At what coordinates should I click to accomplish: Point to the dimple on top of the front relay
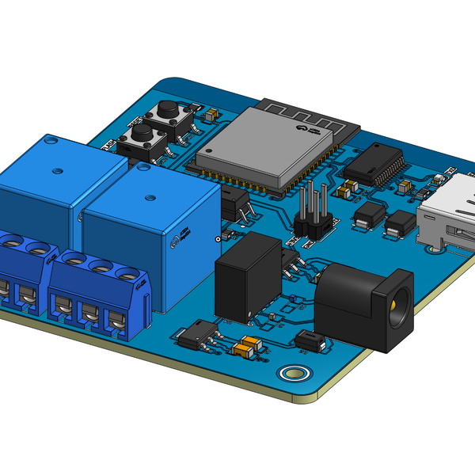(x=144, y=168)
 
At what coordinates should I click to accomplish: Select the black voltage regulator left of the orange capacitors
(x=193, y=336)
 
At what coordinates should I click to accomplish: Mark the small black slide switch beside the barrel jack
(x=309, y=341)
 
